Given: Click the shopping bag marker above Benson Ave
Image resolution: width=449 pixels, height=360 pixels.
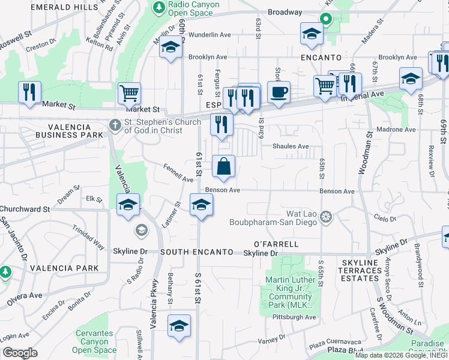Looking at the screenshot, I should (x=223, y=167).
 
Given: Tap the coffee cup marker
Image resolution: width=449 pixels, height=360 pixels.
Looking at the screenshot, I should (x=279, y=92).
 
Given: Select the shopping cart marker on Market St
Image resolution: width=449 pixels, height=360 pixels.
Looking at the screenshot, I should (x=129, y=94).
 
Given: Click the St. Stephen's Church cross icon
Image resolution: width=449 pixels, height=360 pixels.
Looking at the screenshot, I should (x=115, y=126).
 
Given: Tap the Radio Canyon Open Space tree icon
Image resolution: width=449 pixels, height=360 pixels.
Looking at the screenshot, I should (x=159, y=7).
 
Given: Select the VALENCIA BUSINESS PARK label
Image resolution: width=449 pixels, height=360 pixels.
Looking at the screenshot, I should (x=55, y=131).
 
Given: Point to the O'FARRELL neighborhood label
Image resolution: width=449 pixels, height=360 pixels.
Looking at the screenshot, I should (x=276, y=244).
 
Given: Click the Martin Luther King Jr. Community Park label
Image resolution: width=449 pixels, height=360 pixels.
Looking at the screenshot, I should (x=291, y=294).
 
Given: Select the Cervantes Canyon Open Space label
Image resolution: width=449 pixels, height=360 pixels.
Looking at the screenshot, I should (x=95, y=341).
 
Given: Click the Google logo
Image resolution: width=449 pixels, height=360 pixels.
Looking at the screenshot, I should (x=19, y=353).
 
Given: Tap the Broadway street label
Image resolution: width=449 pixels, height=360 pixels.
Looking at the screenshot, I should (x=285, y=12).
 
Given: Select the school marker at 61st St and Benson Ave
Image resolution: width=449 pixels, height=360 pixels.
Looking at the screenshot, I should (x=201, y=205).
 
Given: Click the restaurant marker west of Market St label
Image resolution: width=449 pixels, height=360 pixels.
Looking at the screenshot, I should (x=29, y=92).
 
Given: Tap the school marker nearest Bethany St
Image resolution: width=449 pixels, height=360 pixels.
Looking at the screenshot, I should (x=179, y=326).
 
